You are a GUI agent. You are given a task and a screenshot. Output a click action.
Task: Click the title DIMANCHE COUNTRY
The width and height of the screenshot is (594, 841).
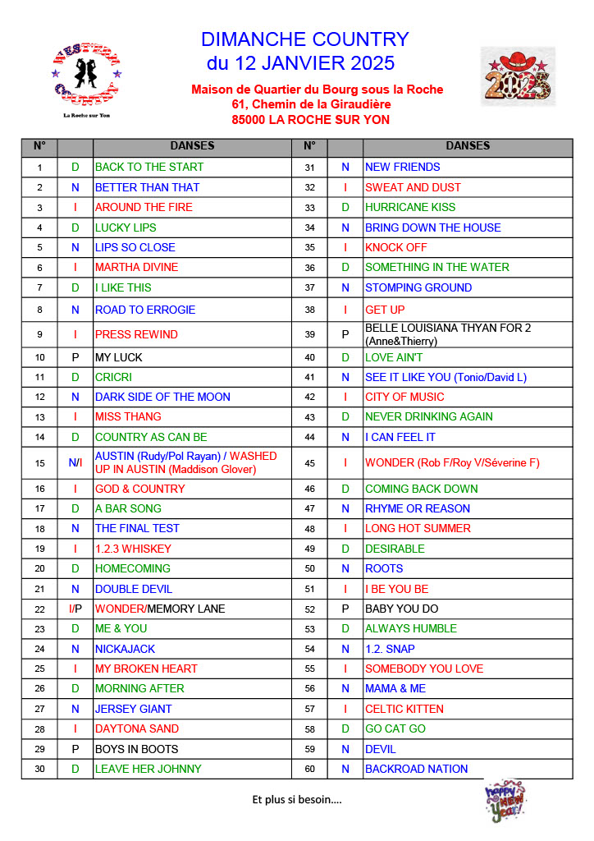click(304, 39)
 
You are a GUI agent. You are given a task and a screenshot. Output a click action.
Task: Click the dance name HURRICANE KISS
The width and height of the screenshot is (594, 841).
click(409, 207)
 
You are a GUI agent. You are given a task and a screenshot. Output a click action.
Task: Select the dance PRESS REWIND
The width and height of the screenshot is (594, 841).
click(136, 334)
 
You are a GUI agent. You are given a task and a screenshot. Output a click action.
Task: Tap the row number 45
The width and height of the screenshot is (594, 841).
click(309, 462)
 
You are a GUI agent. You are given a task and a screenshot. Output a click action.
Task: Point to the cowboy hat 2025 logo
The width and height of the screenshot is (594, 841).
click(517, 76)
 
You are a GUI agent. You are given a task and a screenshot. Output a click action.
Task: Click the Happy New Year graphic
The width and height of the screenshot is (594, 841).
click(505, 802)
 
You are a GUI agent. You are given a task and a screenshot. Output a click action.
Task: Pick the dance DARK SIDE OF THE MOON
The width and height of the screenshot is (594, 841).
click(162, 397)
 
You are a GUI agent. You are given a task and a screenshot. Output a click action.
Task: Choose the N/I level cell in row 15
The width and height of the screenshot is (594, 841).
click(75, 462)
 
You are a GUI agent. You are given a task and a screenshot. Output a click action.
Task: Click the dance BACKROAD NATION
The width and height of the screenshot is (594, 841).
click(416, 769)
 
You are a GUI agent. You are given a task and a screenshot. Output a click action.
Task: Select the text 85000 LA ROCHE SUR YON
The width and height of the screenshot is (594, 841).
click(310, 119)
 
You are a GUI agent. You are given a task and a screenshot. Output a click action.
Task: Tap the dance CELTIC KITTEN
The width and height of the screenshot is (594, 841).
click(404, 709)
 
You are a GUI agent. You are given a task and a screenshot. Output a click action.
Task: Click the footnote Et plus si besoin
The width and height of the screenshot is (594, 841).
click(296, 798)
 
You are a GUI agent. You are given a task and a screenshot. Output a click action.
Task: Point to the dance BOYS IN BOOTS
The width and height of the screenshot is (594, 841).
click(136, 749)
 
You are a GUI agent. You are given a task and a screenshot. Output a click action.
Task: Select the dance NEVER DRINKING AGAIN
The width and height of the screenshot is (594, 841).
click(428, 416)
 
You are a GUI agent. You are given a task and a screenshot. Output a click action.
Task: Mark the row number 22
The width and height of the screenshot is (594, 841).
click(39, 609)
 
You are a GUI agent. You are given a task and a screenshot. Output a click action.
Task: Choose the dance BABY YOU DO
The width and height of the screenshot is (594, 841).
click(401, 609)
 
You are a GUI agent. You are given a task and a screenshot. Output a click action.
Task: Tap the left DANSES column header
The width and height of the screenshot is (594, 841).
click(192, 146)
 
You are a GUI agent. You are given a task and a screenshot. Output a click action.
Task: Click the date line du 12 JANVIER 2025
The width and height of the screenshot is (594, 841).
click(300, 63)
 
